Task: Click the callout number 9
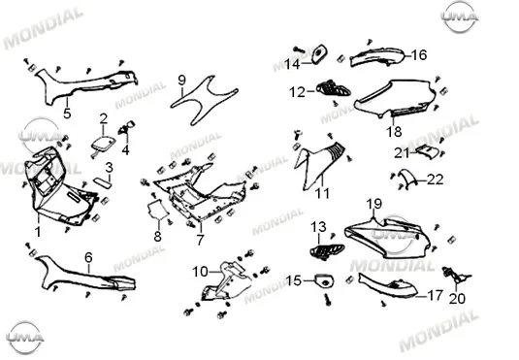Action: point(181,81)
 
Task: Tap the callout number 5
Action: point(67,114)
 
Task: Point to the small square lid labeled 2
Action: point(103,144)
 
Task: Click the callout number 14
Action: point(292,64)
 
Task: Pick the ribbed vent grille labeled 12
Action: point(334,88)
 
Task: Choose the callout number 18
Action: point(394,132)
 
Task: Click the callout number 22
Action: point(435,180)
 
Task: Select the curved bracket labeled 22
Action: point(407,177)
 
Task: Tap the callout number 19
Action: point(374,204)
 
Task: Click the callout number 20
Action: point(457,299)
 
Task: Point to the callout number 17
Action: point(435,295)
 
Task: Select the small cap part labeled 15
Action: point(324,280)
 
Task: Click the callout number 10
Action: point(200,272)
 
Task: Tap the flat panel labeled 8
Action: point(157,210)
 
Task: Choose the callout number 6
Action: point(88,257)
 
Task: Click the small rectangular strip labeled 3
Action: point(102,182)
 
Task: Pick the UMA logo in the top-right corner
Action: point(460,16)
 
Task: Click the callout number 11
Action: point(322,193)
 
